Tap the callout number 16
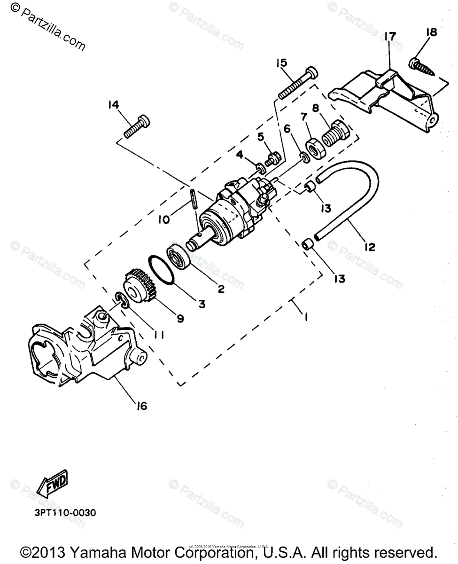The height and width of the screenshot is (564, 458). (141, 405)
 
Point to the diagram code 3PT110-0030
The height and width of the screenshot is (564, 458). (65, 512)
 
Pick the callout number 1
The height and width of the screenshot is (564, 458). (305, 318)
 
